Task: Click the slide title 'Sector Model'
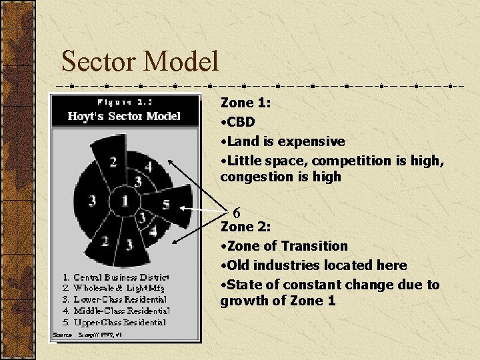pyautogui.click(x=140, y=62)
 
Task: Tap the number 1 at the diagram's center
pyautogui.click(x=124, y=199)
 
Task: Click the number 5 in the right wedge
pyautogui.click(x=166, y=204)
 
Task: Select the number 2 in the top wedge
pyautogui.click(x=114, y=161)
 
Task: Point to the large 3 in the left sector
pyautogui.click(x=92, y=200)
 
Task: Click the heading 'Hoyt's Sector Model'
pyautogui.click(x=124, y=116)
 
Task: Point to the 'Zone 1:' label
pyautogui.click(x=245, y=103)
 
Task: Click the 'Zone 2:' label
pyautogui.click(x=245, y=227)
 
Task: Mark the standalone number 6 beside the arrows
pyautogui.click(x=237, y=213)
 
